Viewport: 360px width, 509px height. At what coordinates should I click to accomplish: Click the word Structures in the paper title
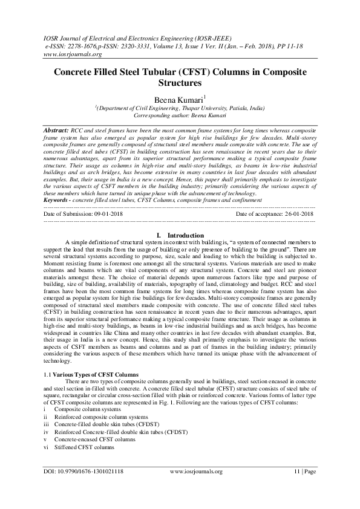click(x=180, y=83)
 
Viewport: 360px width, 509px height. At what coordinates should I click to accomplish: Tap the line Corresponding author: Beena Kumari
click(x=180, y=115)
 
